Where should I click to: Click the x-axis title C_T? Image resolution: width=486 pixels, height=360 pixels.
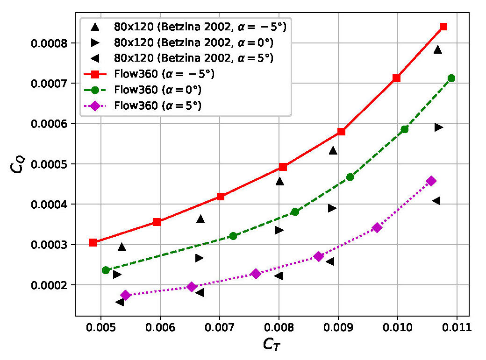(272, 346)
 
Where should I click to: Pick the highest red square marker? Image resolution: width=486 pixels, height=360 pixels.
(443, 27)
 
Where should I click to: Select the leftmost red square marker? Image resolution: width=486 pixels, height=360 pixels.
(93, 242)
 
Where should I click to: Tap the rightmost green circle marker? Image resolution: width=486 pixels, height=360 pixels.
(451, 78)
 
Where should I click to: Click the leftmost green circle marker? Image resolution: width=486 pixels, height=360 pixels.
(106, 270)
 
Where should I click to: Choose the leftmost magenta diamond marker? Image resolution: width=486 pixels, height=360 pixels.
(125, 295)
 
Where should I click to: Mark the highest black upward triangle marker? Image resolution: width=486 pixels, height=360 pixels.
(438, 49)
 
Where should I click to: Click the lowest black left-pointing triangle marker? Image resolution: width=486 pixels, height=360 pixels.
(120, 302)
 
